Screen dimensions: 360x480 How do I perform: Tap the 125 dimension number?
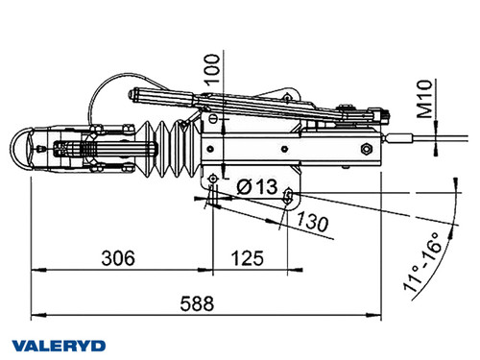(x=250, y=258)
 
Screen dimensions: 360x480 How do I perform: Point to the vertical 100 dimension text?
(x=213, y=66)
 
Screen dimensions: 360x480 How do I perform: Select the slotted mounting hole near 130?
(x=288, y=196)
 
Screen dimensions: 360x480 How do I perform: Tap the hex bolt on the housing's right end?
(x=366, y=150)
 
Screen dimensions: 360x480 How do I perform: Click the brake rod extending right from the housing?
(x=413, y=144)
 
